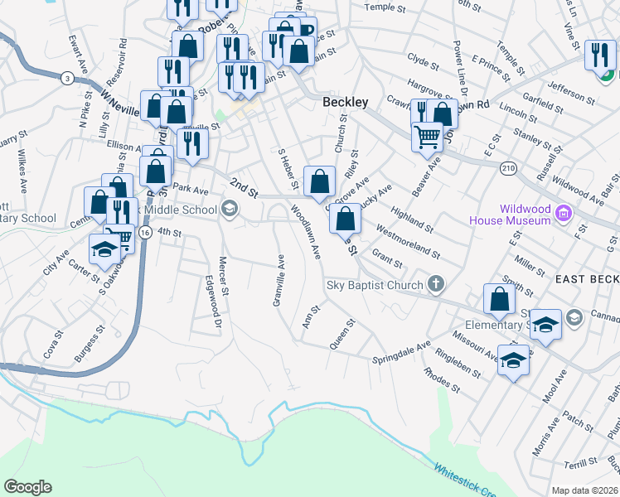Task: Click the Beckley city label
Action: click(x=345, y=102)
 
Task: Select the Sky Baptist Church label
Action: click(x=374, y=285)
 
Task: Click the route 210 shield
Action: click(x=508, y=168)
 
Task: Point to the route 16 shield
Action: click(x=145, y=234)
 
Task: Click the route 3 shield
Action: click(x=65, y=78)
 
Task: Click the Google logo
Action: click(x=27, y=487)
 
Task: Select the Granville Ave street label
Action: click(x=279, y=281)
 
